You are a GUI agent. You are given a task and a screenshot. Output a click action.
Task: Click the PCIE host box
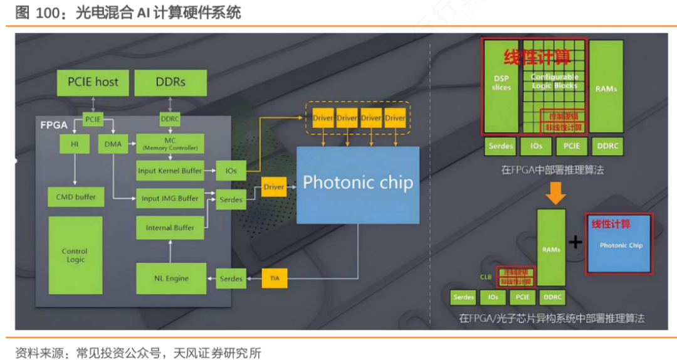tap(93, 82)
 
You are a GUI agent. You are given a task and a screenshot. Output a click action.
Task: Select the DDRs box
tap(170, 82)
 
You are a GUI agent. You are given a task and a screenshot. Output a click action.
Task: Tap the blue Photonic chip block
tap(357, 184)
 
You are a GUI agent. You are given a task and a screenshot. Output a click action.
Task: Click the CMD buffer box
tap(75, 197)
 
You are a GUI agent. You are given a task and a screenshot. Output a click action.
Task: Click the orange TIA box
tap(274, 278)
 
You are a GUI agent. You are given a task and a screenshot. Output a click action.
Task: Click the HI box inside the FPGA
tap(75, 145)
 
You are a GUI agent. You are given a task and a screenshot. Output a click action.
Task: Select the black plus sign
tap(575, 242)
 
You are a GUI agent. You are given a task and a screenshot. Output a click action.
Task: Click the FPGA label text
tap(55, 125)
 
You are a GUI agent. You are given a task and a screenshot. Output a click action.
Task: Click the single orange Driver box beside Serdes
tap(273, 187)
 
